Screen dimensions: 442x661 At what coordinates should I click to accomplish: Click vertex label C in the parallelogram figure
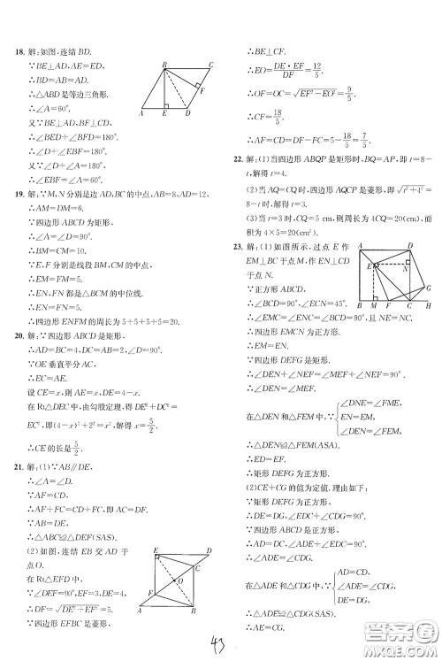(210, 65)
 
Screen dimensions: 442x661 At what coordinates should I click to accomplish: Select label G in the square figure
(430, 288)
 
